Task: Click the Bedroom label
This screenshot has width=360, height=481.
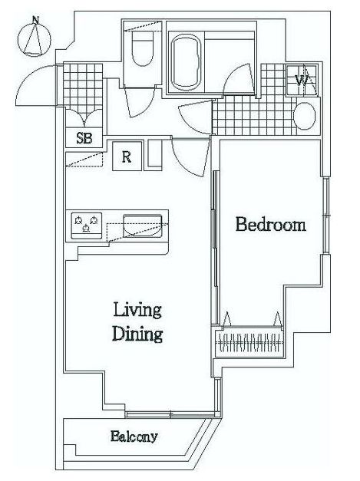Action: (x=271, y=225)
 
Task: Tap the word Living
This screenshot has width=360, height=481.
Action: (x=137, y=311)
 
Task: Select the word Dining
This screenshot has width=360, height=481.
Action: (x=137, y=334)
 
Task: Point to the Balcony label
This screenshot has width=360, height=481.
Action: (x=134, y=437)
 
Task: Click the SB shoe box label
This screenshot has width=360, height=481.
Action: (x=84, y=138)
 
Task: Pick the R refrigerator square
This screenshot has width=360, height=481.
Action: (x=127, y=156)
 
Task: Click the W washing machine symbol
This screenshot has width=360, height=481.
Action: (x=302, y=81)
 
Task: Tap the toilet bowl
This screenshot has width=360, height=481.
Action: (x=142, y=48)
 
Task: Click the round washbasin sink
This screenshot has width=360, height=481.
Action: (x=305, y=116)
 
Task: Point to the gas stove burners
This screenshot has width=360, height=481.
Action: (x=86, y=226)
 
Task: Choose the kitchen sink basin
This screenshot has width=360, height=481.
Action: (x=143, y=226)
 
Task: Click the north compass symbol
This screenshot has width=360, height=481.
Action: (x=34, y=38)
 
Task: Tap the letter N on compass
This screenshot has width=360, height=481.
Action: (x=36, y=20)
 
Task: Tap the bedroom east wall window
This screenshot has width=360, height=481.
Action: (x=326, y=215)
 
